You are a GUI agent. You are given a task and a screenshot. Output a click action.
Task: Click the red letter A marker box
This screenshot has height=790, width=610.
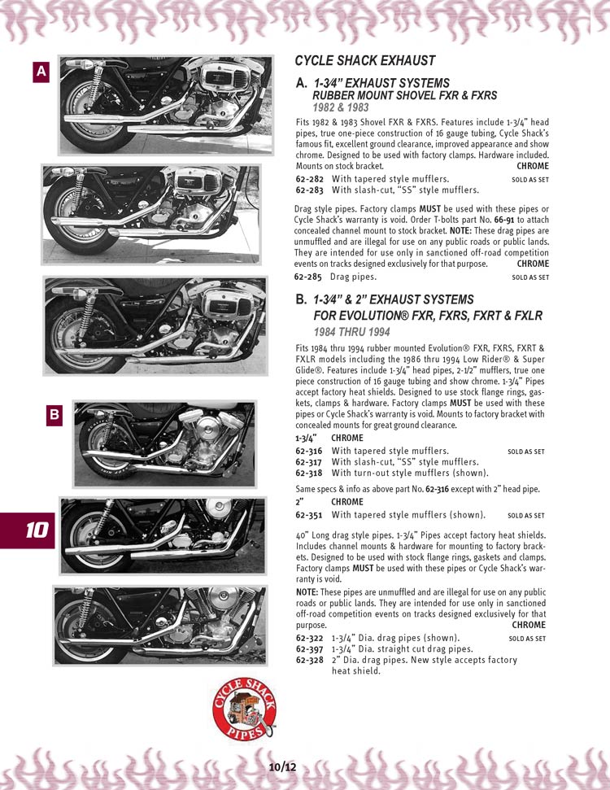click(41, 72)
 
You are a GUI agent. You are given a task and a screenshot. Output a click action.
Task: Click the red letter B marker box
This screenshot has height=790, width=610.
click(54, 415)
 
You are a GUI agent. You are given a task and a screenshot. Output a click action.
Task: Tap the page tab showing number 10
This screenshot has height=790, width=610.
click(28, 530)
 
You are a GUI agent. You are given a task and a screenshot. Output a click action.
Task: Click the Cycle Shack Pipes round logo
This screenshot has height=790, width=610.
click(244, 709)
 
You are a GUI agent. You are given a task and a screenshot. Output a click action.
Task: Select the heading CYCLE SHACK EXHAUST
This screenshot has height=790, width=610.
click(364, 61)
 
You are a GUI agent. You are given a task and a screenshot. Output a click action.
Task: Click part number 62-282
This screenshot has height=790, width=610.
click(309, 179)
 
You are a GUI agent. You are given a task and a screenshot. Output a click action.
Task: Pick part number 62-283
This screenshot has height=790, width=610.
click(309, 190)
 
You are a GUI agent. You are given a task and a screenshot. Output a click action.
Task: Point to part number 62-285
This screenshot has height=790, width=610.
click(307, 277)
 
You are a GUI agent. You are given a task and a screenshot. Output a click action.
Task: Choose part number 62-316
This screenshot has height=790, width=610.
click(309, 451)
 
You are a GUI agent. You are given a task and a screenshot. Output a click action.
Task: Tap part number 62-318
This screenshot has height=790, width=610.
click(309, 473)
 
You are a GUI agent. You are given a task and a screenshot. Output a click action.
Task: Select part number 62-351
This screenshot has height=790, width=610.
click(309, 515)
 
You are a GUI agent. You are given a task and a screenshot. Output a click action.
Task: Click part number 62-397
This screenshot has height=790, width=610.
click(309, 649)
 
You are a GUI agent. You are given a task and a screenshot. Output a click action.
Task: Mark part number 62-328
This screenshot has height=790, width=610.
click(309, 660)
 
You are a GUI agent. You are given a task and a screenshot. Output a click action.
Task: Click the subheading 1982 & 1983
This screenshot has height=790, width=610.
click(341, 107)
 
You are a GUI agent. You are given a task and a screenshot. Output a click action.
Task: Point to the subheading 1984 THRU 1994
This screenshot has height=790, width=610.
click(351, 332)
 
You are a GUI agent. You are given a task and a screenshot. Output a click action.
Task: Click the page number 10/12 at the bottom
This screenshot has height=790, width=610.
click(282, 767)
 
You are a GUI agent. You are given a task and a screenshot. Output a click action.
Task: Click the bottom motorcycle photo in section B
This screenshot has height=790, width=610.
click(160, 626)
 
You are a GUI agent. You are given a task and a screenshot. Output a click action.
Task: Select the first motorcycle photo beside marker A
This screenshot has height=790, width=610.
click(166, 105)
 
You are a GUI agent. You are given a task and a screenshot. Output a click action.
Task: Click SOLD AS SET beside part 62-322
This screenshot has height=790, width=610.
click(527, 639)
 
